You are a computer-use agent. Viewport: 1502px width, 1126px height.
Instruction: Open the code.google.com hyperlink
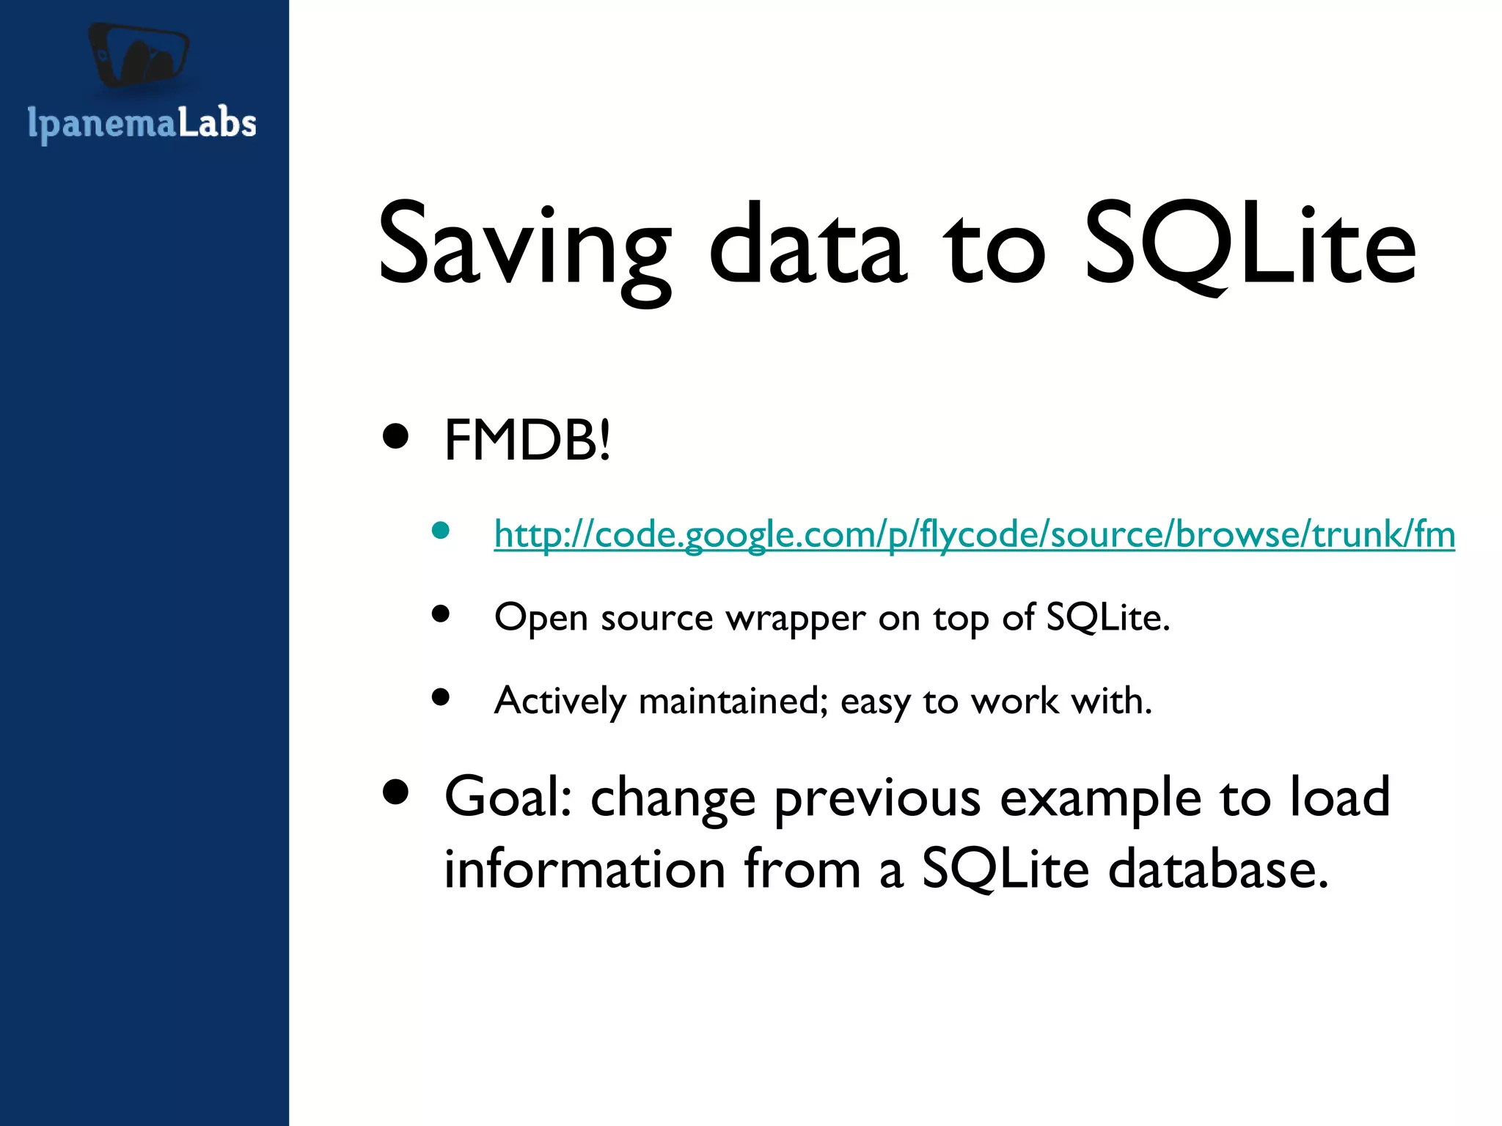[x=974, y=534]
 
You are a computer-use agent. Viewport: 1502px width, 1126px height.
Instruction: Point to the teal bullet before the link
[x=440, y=531]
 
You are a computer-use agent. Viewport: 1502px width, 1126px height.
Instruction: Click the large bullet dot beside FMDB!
[x=396, y=436]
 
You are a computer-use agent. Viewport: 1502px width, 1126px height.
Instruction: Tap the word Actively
[x=560, y=702]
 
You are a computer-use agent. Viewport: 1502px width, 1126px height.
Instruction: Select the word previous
[x=877, y=799]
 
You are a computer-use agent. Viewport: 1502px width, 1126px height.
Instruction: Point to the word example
[x=1100, y=799]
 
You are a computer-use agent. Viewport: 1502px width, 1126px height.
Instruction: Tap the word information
[x=585, y=869]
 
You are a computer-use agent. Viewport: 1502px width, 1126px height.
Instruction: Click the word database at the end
[x=1217, y=869]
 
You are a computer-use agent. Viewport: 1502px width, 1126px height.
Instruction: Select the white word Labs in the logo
[x=217, y=122]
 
